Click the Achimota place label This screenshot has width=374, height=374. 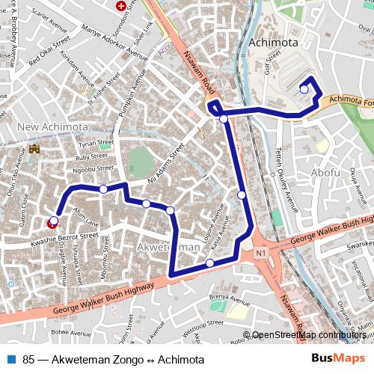click(x=274, y=41)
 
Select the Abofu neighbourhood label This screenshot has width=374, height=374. click(x=325, y=172)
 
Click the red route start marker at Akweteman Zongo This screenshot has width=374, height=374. click(x=52, y=221)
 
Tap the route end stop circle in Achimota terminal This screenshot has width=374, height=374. click(x=304, y=89)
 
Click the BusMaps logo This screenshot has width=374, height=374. click(x=334, y=359)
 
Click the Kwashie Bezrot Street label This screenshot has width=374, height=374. click(x=64, y=239)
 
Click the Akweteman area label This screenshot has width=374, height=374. click(x=170, y=247)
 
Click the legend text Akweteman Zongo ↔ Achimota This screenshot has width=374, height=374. click(x=113, y=360)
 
